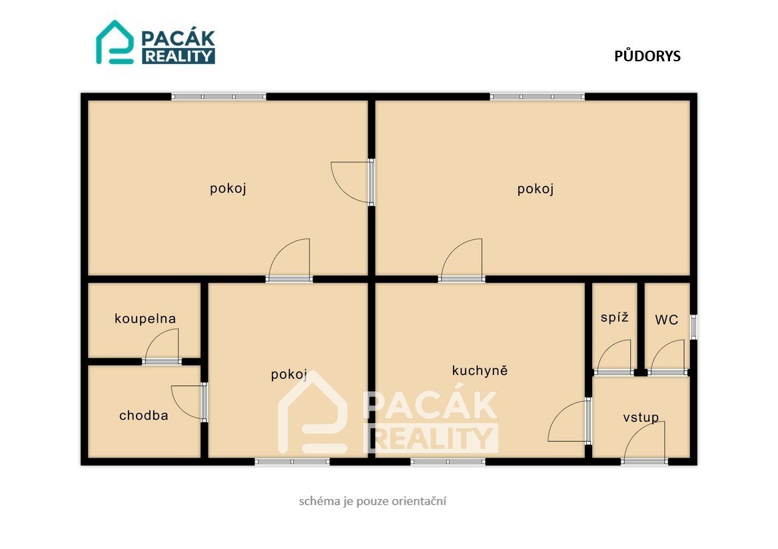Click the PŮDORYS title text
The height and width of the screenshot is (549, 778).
pos(647,56)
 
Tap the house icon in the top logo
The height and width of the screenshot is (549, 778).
pos(115,42)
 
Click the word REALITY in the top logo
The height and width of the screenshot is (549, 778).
pos(179,56)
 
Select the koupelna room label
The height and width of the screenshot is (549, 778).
pos(145,318)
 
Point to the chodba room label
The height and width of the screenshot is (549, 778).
pos(143,415)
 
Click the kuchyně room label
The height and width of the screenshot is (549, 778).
pos(480,370)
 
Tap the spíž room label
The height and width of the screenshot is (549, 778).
pos(614,317)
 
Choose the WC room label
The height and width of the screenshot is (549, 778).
pos(666,320)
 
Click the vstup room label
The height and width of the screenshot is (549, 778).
pos(641,417)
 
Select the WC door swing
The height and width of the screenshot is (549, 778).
pos(668,356)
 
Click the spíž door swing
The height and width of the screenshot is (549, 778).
pos(613,356)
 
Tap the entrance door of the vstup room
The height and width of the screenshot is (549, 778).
pos(644,443)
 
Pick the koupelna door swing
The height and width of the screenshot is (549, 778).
pos(161,346)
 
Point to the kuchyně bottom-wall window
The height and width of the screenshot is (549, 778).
pos(448,462)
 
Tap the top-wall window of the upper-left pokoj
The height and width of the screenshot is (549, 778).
pos(218,97)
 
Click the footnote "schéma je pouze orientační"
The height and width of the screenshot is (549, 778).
pos(372,501)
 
